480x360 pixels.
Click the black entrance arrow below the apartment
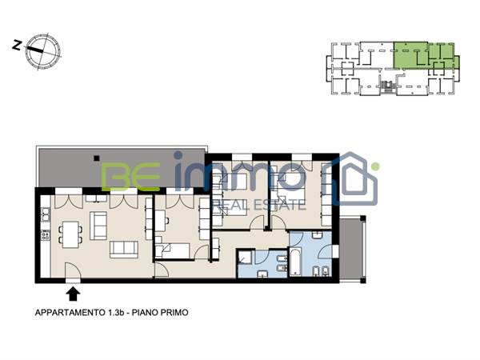(74, 294)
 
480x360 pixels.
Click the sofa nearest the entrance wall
(124, 249)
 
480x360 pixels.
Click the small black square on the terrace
(94, 157)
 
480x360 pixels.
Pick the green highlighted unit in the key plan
(424, 54)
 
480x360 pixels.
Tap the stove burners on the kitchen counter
(45, 235)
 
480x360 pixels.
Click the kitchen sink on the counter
(45, 214)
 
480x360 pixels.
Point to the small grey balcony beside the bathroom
(352, 248)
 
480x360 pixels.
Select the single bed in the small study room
(176, 251)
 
